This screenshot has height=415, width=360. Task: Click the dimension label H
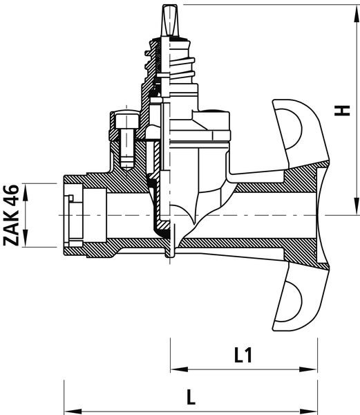click(x=342, y=111)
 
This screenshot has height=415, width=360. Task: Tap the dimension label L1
click(x=243, y=356)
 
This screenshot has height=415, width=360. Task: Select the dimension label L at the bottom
click(x=191, y=397)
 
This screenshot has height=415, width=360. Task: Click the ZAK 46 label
click(x=11, y=215)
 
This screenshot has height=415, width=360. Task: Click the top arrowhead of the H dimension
click(x=356, y=14)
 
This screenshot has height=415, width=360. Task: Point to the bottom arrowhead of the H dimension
click(x=356, y=205)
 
